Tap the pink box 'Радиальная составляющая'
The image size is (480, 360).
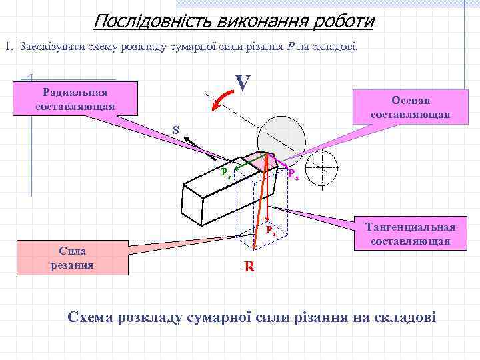click(75, 99)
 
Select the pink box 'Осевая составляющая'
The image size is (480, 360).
click(410, 107)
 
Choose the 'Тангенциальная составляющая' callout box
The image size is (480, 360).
click(410, 233)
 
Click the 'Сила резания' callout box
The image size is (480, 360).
click(76, 258)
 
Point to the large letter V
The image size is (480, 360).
click(243, 83)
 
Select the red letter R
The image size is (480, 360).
click(249, 267)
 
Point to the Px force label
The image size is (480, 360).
click(293, 175)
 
